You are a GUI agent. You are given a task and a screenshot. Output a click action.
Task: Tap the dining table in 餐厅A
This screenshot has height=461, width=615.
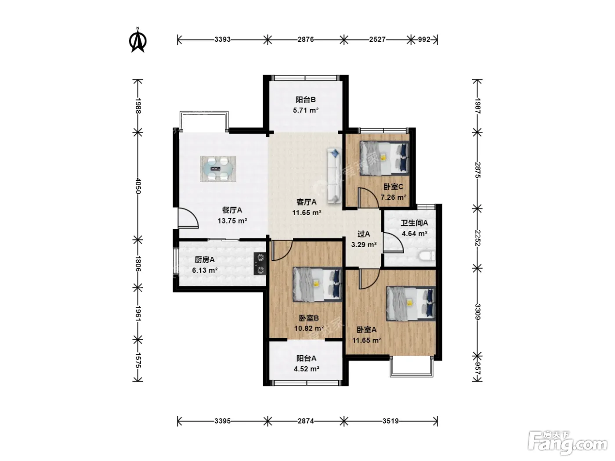tap(218, 169)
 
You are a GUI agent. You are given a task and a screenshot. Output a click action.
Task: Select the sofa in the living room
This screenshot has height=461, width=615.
tap(334, 176)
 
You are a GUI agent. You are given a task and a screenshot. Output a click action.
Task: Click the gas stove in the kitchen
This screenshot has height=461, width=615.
tap(260, 263)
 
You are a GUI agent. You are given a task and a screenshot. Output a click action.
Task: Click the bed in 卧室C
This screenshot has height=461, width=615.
tap(384, 158)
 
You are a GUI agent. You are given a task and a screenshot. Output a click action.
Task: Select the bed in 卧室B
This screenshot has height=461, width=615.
tap(318, 285)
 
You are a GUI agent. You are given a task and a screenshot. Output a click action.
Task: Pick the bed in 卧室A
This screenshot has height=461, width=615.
tap(411, 303)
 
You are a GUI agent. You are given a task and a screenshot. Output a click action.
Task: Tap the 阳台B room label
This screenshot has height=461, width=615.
tap(306, 99)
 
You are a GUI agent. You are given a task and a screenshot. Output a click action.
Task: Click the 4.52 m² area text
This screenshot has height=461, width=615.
tap(307, 369)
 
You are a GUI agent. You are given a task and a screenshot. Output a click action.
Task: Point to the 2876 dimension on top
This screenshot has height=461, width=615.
tap(306, 40)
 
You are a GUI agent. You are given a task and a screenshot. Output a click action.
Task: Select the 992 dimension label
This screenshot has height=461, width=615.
tap(424, 40)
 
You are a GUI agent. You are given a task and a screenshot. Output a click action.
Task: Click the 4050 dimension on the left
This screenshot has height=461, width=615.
tap(138, 186)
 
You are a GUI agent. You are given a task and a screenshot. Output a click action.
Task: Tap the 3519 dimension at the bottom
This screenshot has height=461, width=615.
tap(391, 421)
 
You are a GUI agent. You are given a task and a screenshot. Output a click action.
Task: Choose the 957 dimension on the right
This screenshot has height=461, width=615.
tap(478, 369)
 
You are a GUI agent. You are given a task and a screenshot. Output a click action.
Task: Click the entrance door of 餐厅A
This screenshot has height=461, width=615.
tap(188, 218)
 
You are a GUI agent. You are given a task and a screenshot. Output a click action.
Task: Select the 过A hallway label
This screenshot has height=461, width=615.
tap(364, 234)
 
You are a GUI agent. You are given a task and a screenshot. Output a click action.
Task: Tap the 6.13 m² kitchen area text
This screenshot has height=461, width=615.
tap(205, 270)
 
